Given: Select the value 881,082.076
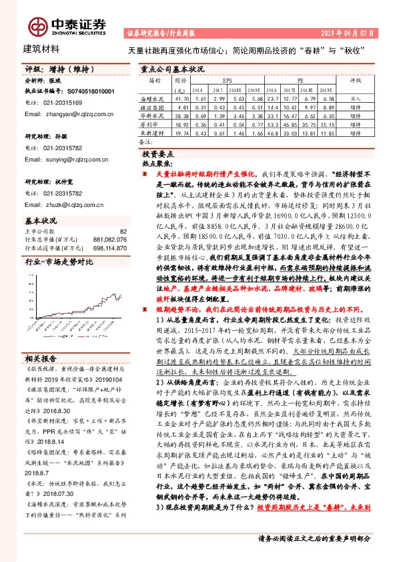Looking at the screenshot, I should [x=107, y=240].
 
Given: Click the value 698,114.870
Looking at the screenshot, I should [x=107, y=247].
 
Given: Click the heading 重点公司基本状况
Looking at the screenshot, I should [x=172, y=69].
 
